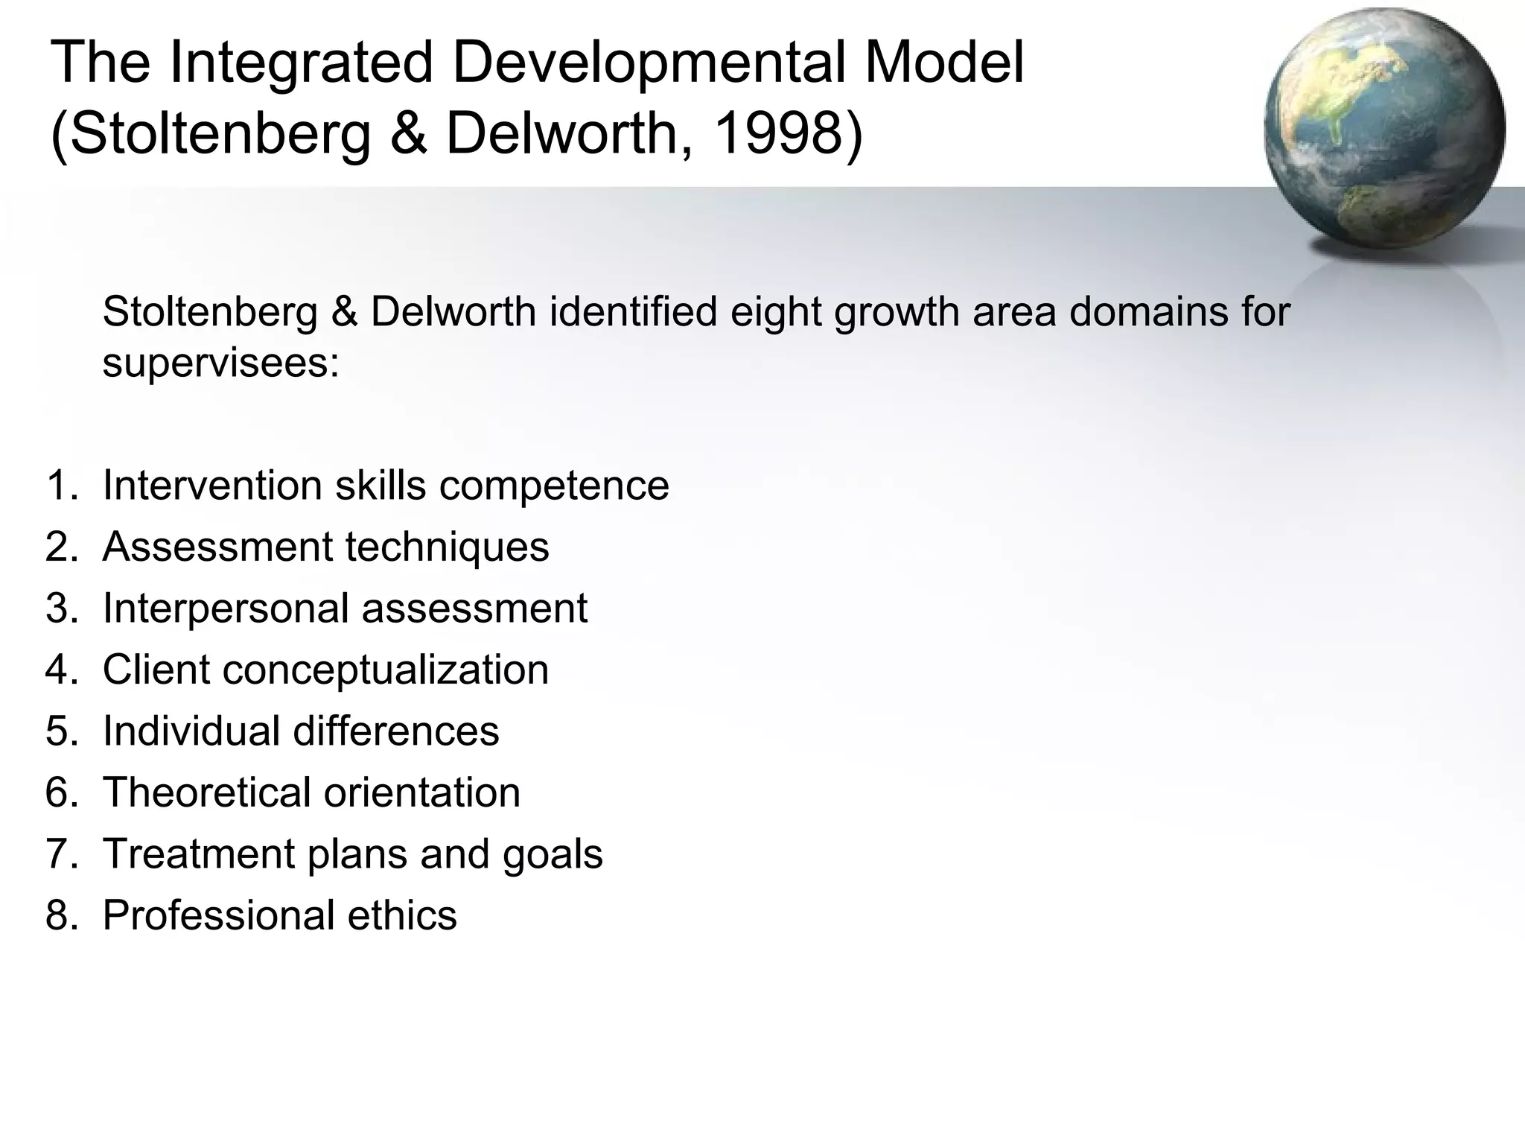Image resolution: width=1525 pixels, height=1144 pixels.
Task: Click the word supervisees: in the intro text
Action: click(220, 363)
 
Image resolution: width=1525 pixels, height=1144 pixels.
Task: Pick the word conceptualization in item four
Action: click(385, 670)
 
